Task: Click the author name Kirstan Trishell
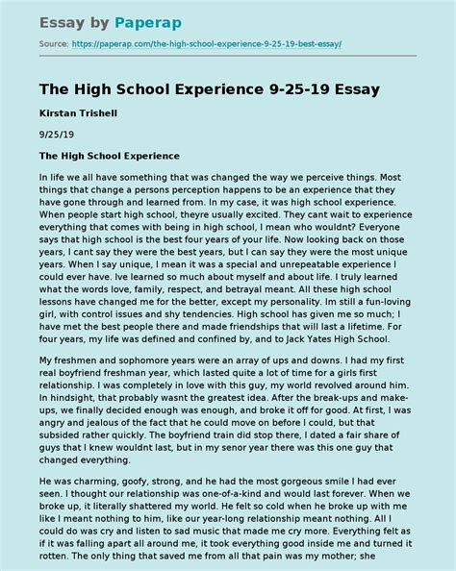80,113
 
